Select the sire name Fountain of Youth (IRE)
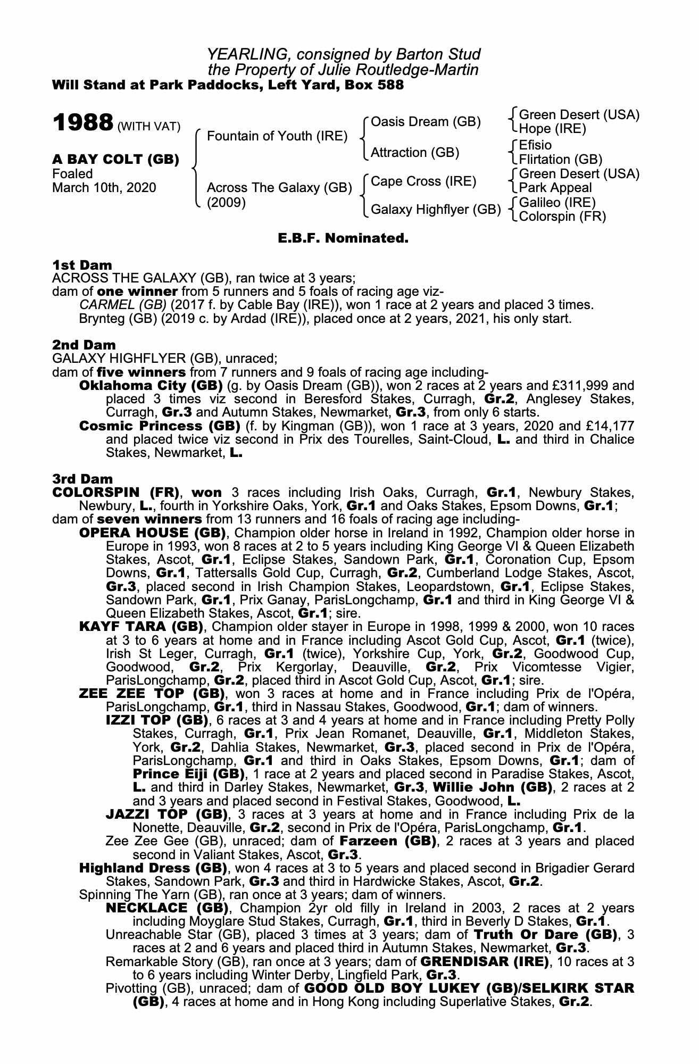click(277, 136)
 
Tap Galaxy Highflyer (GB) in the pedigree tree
click(436, 210)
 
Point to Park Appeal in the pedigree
click(555, 188)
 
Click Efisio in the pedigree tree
click(535, 145)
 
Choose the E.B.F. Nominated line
click(343, 238)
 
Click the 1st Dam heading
click(82, 265)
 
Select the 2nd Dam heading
click(84, 345)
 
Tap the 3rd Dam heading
click(83, 479)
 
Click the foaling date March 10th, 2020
click(104, 188)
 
